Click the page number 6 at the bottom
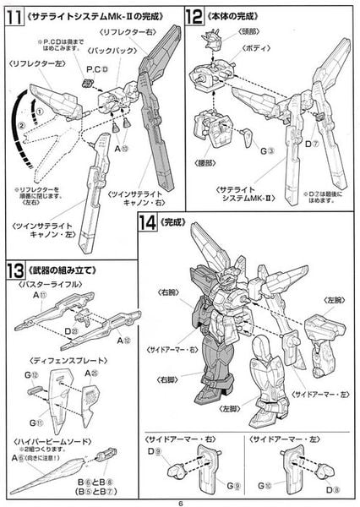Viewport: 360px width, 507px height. (x=180, y=499)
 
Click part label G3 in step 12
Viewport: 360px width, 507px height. (x=242, y=152)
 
